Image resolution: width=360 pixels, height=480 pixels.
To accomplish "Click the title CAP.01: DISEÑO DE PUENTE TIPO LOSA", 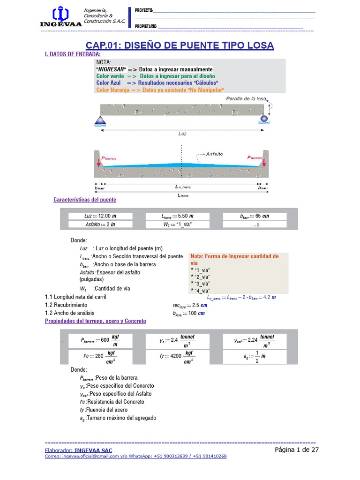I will click(x=180, y=45).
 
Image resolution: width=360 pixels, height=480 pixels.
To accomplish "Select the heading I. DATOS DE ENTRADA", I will click(x=73, y=54).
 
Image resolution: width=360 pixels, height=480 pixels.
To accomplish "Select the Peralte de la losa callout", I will click(x=246, y=99).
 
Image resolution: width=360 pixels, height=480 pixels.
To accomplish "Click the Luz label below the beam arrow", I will click(x=182, y=134).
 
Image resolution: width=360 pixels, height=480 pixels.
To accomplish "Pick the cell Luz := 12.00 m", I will click(x=100, y=216).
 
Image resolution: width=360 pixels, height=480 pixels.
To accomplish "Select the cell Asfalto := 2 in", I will click(x=100, y=225).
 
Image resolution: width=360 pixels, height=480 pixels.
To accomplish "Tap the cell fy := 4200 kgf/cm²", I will click(x=177, y=356).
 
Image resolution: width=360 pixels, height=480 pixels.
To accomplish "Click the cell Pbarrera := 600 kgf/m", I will click(x=100, y=340).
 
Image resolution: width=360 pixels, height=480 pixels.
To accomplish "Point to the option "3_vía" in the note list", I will click(x=201, y=284).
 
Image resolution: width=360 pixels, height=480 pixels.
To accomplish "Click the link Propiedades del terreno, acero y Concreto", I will click(x=95, y=321).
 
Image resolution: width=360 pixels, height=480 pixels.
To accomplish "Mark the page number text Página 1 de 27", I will click(x=297, y=450).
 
